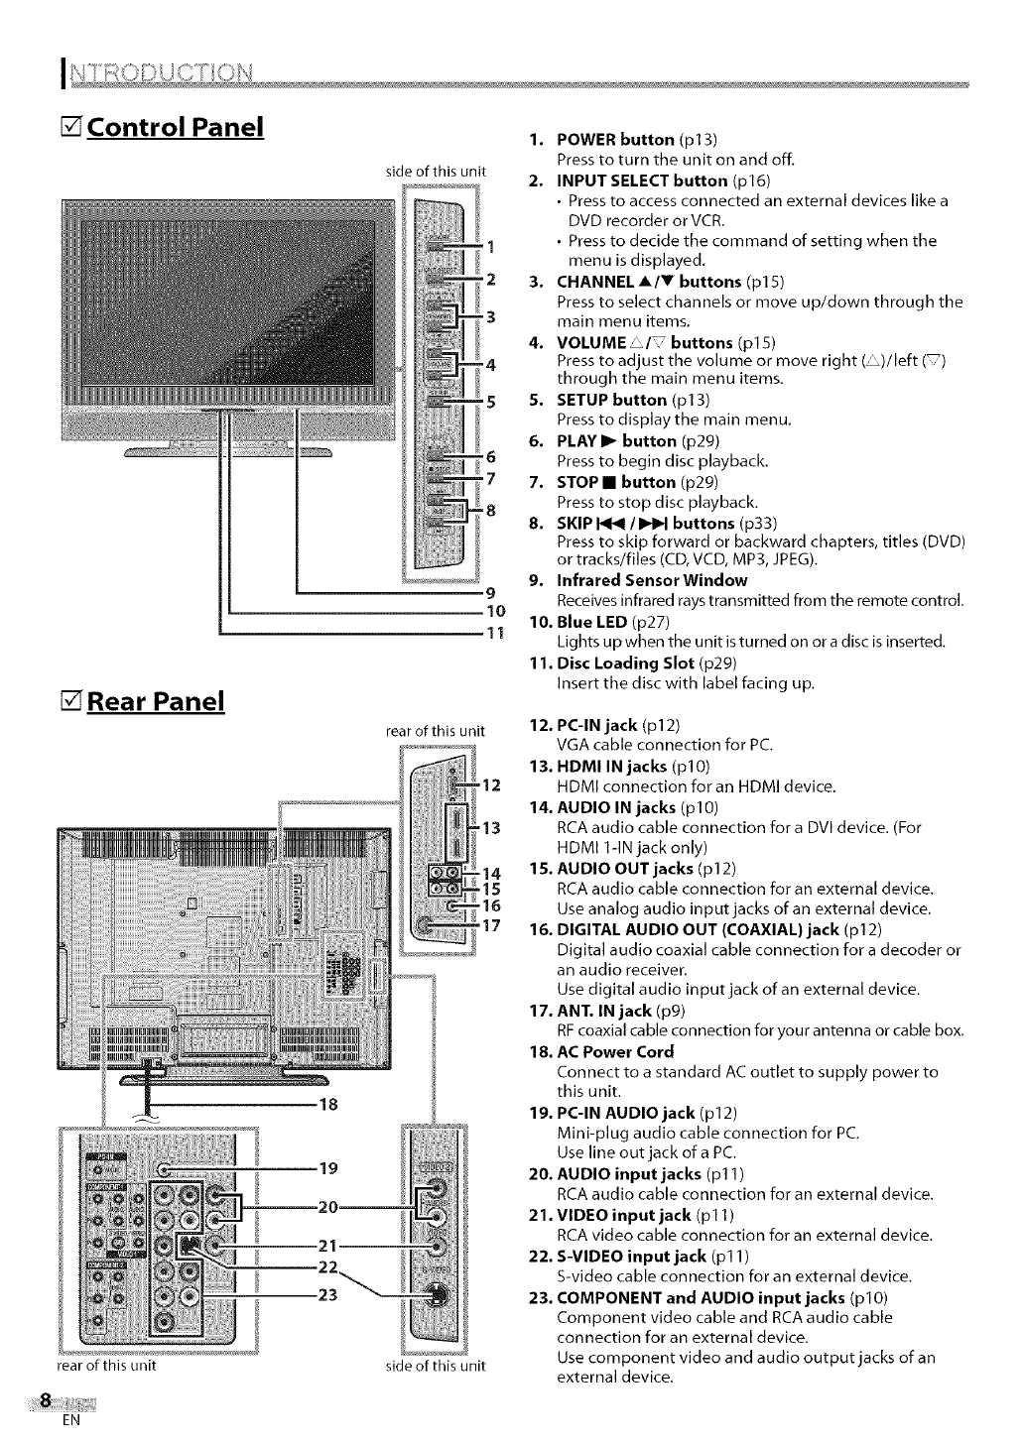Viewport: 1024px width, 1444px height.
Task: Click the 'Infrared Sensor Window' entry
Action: coord(652,580)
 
